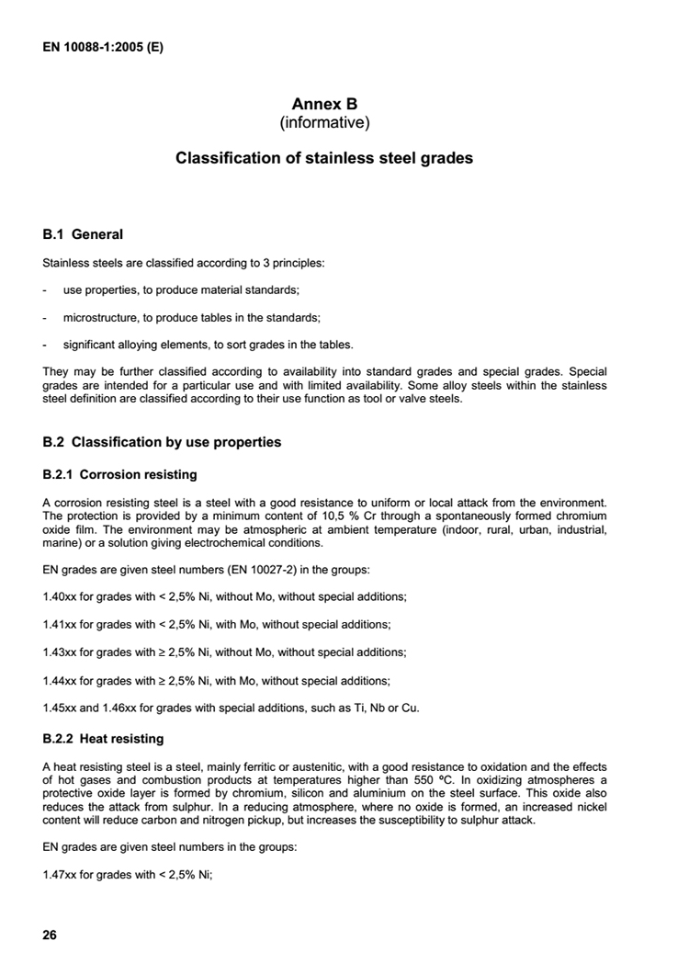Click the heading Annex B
[324, 104]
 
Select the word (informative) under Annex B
[324, 121]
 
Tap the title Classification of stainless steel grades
[324, 158]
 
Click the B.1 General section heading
[83, 234]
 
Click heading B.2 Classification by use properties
[162, 442]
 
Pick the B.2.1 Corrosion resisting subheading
[120, 475]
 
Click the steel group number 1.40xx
[59, 596]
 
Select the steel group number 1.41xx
[59, 624]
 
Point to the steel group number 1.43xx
[59, 652]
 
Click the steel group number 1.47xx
[59, 875]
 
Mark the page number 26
[50, 935]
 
